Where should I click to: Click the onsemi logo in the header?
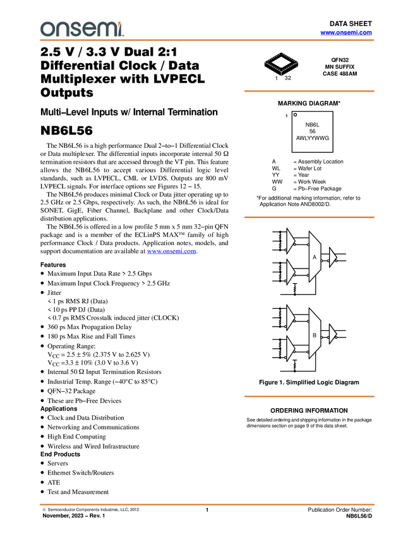pyautogui.click(x=81, y=29)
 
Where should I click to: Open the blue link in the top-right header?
pyautogui.click(x=346, y=33)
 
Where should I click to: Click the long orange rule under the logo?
pyautogui.click(x=207, y=40)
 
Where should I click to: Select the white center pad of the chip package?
pyautogui.click(x=281, y=62)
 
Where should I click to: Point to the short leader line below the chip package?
pyautogui.click(x=281, y=75)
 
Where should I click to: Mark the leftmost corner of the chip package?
pyautogui.click(x=264, y=62)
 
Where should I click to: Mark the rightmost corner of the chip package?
pyautogui.click(x=299, y=62)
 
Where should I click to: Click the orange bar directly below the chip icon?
pyautogui.click(x=309, y=91)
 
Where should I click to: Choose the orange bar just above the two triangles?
pyautogui.click(x=309, y=217)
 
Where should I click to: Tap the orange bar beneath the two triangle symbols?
pyautogui.click(x=309, y=397)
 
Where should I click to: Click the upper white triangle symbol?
pyautogui.click(x=332, y=257)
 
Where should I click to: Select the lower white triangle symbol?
pyautogui.click(x=332, y=334)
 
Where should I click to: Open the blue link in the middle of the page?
pyautogui.click(x=171, y=252)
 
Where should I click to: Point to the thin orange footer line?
pyautogui.click(x=207, y=505)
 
